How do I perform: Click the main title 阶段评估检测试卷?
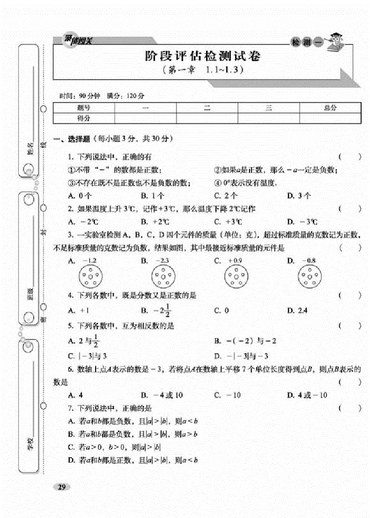coord(202,57)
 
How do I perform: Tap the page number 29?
coord(61,487)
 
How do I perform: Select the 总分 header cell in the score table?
coord(330,108)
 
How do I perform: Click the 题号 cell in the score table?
coord(84,108)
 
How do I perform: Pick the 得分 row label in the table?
coord(84,118)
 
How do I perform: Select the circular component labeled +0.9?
coord(236,276)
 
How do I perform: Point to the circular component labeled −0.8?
coord(309,276)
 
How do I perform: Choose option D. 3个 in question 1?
coord(299,196)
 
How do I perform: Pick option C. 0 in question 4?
coord(221,310)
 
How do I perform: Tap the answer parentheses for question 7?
coord(350,408)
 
